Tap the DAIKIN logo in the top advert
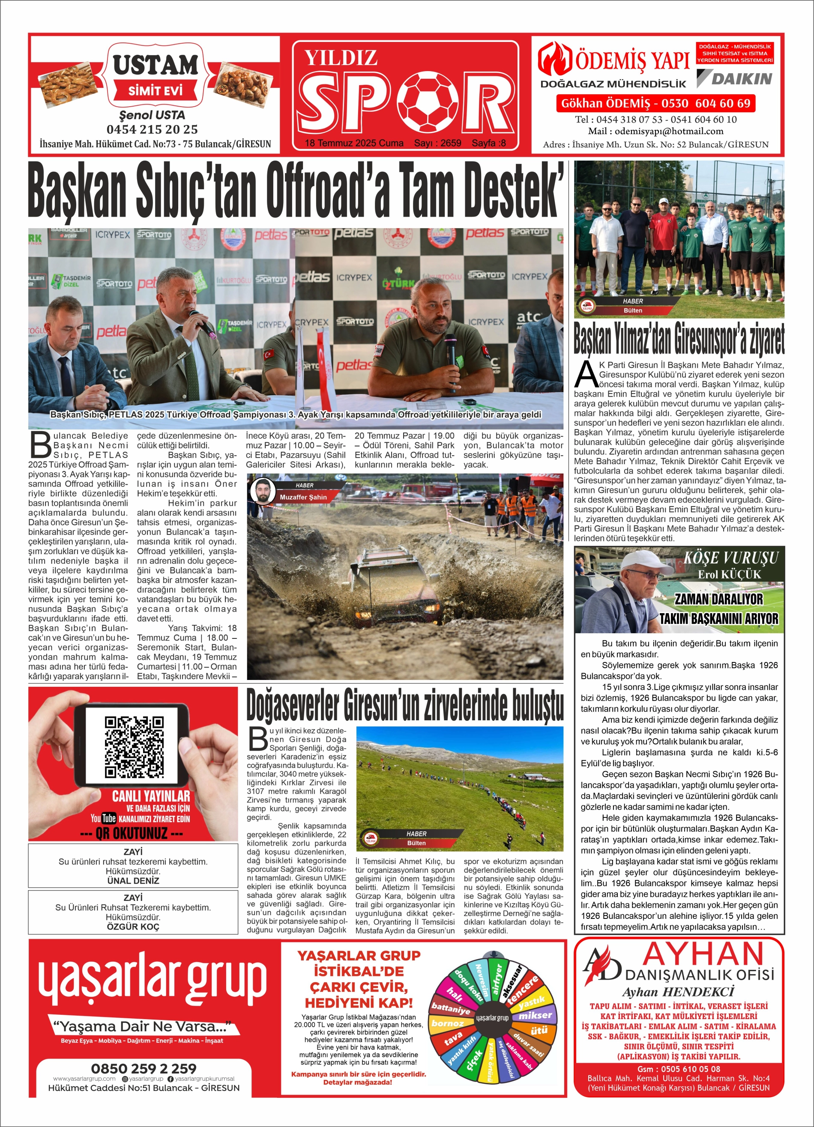point(734,78)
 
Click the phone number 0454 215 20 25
point(152,130)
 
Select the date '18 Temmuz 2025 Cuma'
point(354,143)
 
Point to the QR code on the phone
point(134,747)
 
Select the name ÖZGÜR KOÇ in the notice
point(133,927)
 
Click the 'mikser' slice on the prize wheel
point(535,1016)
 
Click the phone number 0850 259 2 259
point(144,1068)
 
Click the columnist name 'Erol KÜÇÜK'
point(729,575)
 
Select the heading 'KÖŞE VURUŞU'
point(731,558)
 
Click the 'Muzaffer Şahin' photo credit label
point(303,497)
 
